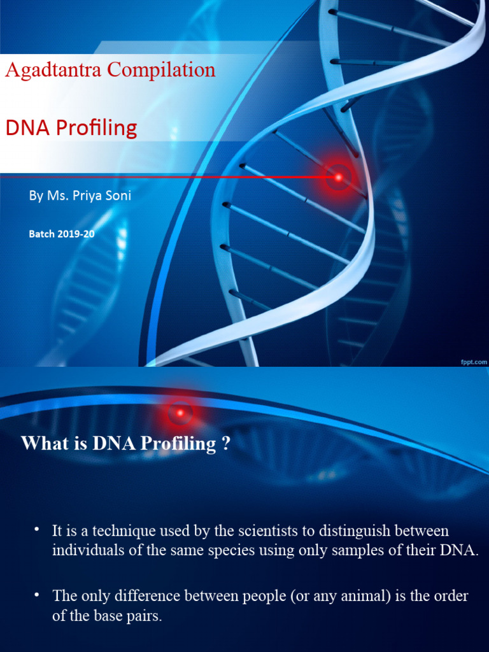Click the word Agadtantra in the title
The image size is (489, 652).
pos(54,70)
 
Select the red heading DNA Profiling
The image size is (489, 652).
pos(71,128)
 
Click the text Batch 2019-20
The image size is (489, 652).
pos(62,234)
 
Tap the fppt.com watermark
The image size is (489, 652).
pos(474,361)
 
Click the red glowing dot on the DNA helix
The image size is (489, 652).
pos(339,176)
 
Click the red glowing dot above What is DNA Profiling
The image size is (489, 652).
pos(180,413)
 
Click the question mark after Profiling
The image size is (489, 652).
pos(225,444)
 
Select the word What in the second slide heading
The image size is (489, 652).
pos(43,443)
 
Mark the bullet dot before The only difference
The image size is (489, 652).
pos(38,594)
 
